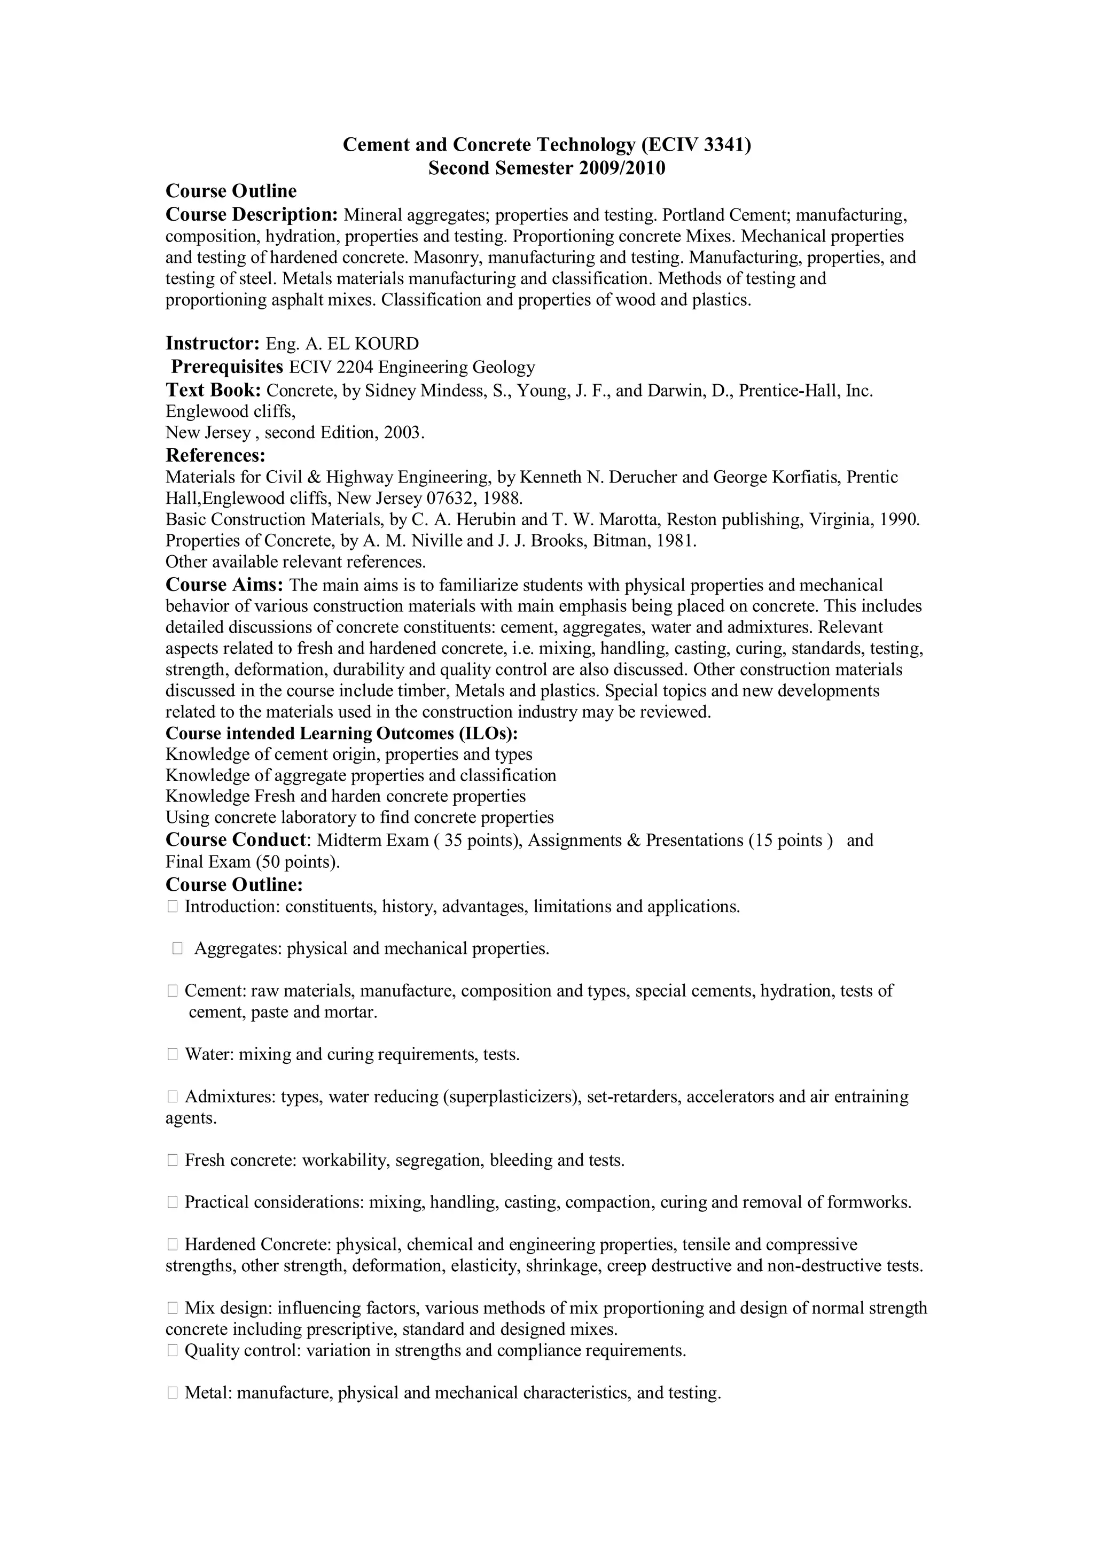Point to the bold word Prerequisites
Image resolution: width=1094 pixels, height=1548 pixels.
tap(227, 367)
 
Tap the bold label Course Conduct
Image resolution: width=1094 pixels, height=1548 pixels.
tap(236, 840)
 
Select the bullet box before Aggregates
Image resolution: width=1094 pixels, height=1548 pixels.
tap(177, 948)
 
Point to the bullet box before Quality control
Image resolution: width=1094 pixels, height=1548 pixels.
tap(172, 1350)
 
